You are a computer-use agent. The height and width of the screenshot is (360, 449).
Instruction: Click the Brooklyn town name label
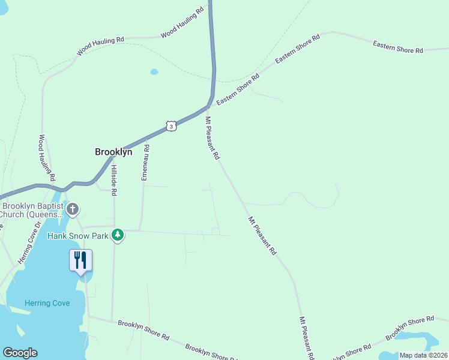tap(113, 152)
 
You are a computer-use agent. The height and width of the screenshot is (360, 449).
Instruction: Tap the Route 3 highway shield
tap(172, 126)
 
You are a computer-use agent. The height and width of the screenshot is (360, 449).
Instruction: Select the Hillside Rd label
tap(114, 180)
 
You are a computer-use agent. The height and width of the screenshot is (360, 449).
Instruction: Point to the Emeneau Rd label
tap(145, 163)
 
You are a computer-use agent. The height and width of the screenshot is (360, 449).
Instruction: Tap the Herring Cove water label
tap(47, 303)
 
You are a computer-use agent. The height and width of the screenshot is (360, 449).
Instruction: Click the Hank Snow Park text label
tap(78, 236)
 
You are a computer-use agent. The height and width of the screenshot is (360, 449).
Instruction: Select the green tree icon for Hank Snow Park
tap(118, 235)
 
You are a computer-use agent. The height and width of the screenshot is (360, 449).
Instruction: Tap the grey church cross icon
tap(73, 209)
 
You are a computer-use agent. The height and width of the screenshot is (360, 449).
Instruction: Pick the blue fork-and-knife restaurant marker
tap(80, 260)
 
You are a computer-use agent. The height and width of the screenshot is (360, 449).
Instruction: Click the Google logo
tap(20, 353)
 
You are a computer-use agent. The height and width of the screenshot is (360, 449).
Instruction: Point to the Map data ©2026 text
tap(423, 355)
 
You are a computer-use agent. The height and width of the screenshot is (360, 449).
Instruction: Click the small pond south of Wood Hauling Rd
tap(154, 72)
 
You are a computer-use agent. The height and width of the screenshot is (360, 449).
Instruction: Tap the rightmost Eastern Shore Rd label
tap(397, 47)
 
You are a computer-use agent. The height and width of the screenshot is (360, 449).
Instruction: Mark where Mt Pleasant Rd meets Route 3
tap(207, 108)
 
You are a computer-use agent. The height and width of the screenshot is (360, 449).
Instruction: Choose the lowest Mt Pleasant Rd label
tap(306, 339)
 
